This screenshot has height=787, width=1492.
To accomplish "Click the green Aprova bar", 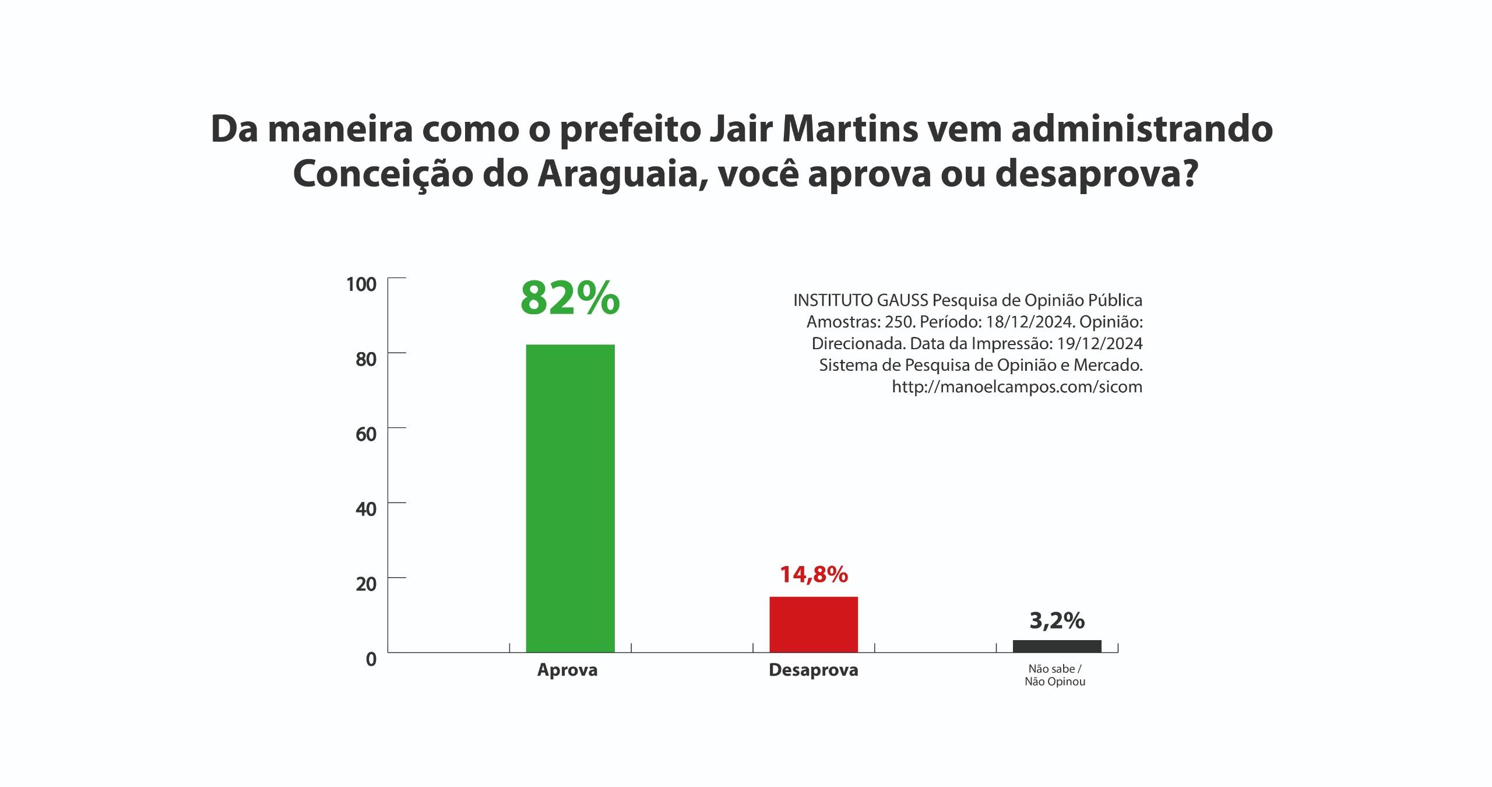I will pos(570,498).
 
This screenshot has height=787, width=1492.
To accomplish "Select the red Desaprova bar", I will pos(814,624).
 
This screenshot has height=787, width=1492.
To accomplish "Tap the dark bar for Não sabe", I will pos(1057,646).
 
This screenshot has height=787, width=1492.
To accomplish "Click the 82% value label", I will pos(570,298).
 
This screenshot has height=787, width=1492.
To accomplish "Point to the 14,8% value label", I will pos(814,575).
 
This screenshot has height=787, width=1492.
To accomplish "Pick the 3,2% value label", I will pos(1057,621).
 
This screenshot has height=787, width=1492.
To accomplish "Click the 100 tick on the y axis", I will pos(362,284).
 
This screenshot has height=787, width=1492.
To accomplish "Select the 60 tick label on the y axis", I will pos(366,434).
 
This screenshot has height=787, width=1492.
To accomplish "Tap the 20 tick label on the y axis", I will pos(366,584).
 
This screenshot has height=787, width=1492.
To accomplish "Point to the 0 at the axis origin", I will pos(371,659).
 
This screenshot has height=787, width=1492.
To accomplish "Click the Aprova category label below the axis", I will pos(567,670).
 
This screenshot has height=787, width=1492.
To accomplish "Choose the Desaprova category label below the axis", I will pos(814,670).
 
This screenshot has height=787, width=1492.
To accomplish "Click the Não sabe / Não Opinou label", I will pos(1055,675).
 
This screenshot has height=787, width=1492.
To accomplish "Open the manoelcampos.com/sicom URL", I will pos(1017,387).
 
